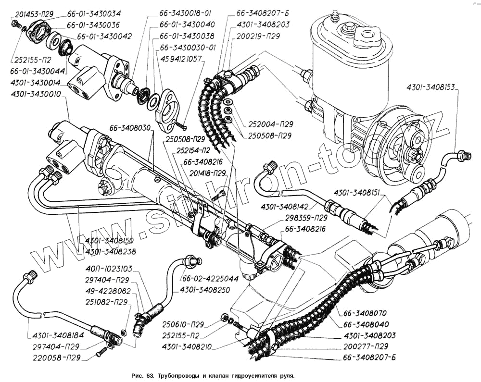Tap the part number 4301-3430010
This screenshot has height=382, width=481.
pyautogui.click(x=36, y=94)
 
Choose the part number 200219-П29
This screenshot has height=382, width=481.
pyautogui.click(x=258, y=36)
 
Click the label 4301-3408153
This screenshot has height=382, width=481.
pyautogui.click(x=430, y=87)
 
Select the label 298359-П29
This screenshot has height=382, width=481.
pyautogui.click(x=306, y=218)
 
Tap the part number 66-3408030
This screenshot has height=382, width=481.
pyautogui.click(x=133, y=127)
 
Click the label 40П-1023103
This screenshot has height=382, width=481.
pyautogui.click(x=109, y=269)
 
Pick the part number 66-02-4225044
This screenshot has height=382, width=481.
pyautogui.click(x=210, y=279)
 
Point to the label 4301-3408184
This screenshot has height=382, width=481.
pyautogui.click(x=58, y=335)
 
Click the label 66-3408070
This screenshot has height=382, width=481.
pyautogui.click(x=365, y=313)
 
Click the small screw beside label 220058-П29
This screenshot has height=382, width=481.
pyautogui.click(x=101, y=353)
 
